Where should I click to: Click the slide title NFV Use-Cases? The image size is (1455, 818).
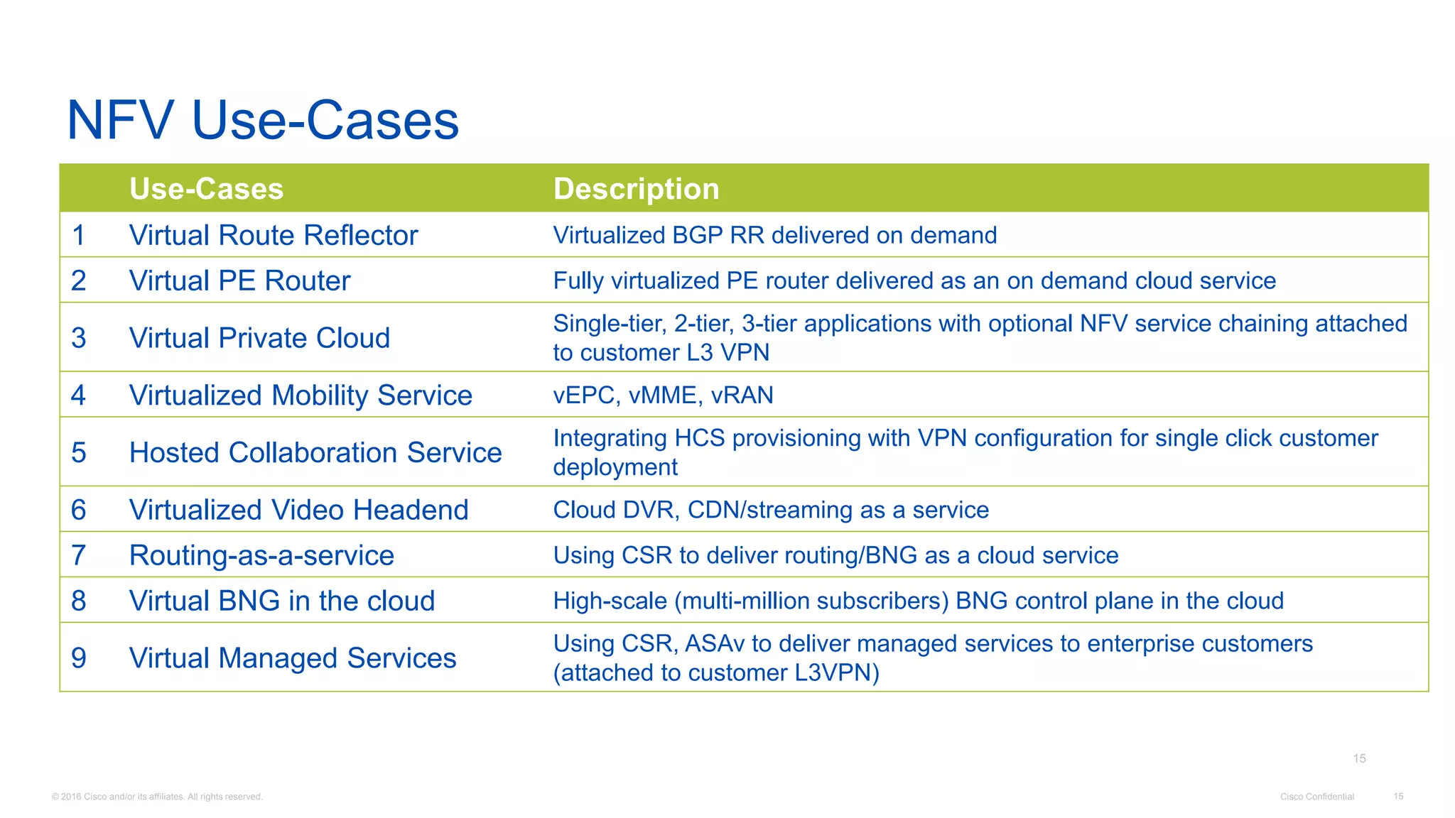[x=263, y=120]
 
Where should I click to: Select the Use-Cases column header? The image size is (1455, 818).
[x=206, y=189]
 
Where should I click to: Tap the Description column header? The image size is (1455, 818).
[x=636, y=189]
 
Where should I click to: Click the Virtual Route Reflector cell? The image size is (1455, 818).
[x=274, y=236]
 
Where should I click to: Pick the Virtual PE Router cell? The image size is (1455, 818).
[x=239, y=281]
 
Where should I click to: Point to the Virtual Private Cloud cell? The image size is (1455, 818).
[x=259, y=338]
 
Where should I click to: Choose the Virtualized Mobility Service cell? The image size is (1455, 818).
[x=301, y=396]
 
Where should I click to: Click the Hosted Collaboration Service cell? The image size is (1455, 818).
[x=315, y=453]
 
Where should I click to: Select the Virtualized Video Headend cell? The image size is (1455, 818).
[x=298, y=510]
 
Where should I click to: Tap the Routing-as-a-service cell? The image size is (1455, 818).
[x=261, y=555]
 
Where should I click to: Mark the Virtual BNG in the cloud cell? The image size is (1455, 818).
[x=281, y=601]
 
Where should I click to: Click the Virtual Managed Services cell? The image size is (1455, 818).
[x=293, y=658]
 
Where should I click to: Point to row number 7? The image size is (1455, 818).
[x=79, y=555]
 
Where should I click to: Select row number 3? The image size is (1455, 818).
[x=79, y=338]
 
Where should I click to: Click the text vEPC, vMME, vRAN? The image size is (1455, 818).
[x=663, y=396]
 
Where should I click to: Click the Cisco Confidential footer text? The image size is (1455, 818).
[x=1316, y=797]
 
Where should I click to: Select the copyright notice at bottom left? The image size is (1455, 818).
[x=157, y=797]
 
